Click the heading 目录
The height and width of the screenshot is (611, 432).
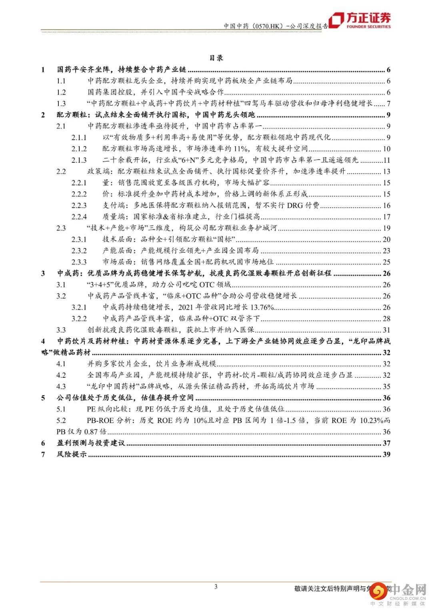216,58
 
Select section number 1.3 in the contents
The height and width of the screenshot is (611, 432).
61,104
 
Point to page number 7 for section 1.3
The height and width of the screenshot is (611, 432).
388,104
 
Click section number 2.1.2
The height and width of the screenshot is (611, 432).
79,149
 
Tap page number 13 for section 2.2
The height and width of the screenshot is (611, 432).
386,172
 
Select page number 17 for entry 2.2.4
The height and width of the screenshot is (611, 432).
386,217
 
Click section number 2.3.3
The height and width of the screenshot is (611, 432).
79,262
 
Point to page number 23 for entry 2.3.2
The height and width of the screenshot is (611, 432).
386,251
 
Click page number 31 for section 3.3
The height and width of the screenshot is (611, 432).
386,330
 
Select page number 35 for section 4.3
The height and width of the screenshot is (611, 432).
386,387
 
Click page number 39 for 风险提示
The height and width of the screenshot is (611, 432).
386,454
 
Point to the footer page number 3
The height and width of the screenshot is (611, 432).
216,587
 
